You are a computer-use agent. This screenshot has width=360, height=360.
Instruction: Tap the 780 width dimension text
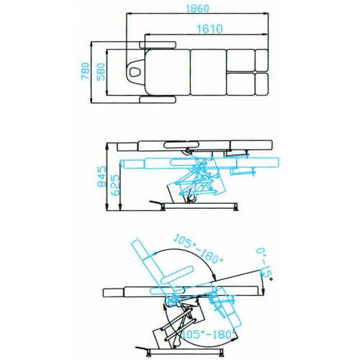coord(86,72)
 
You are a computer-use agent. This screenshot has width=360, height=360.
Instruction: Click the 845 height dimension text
coord(102,177)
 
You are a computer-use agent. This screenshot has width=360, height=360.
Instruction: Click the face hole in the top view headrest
coord(135,70)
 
